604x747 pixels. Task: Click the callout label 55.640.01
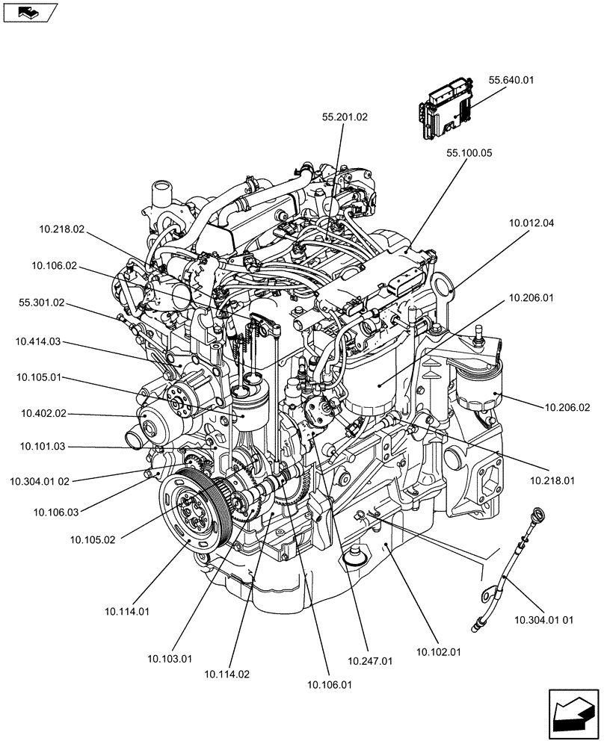pyautogui.click(x=512, y=80)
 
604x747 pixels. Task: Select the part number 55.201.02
pyautogui.click(x=345, y=117)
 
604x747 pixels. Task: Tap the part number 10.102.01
pyautogui.click(x=438, y=651)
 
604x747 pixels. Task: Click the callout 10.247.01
pyautogui.click(x=370, y=660)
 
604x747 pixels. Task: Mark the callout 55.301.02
pyautogui.click(x=41, y=303)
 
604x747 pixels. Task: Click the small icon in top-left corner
pyautogui.click(x=29, y=12)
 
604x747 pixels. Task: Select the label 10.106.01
pyautogui.click(x=329, y=683)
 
